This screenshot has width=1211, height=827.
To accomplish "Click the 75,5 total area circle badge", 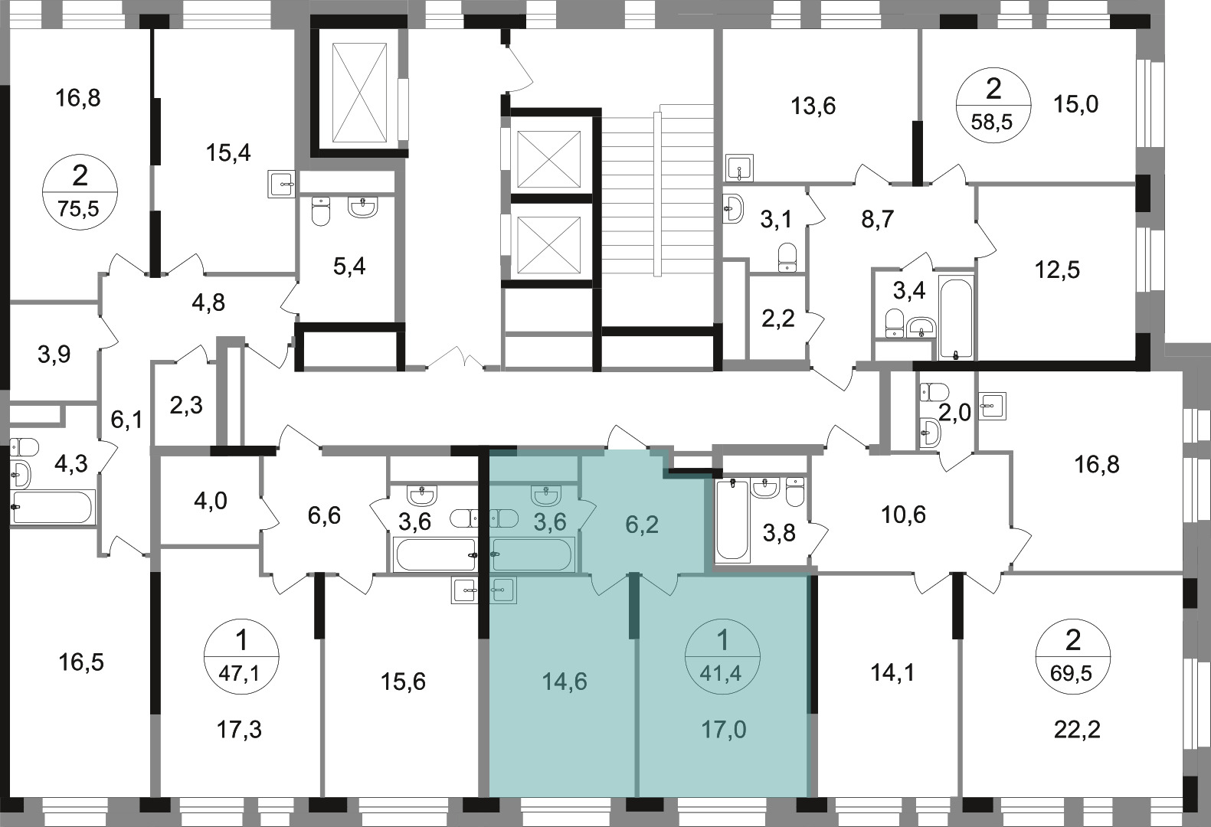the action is click(80, 192).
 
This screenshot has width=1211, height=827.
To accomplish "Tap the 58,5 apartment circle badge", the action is click(993, 106).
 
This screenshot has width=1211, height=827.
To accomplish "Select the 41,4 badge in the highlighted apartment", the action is click(722, 657).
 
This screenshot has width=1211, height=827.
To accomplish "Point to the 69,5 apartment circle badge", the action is click(1072, 657).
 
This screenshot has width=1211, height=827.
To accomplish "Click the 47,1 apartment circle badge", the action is click(241, 657).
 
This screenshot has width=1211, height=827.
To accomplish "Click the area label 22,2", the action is click(1077, 730).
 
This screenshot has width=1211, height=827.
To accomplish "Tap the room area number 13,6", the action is click(813, 106).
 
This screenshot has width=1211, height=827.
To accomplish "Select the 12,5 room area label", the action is click(1057, 270).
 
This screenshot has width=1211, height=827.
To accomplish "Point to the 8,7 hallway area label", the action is click(877, 220).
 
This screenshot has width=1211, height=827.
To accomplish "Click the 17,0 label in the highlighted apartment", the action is click(723, 730).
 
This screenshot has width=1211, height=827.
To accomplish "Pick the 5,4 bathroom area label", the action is click(349, 266).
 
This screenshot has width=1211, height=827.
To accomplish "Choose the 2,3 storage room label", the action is click(186, 405).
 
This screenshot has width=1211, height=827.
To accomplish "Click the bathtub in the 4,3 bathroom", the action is click(52, 507).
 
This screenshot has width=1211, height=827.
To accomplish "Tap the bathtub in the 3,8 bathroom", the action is click(732, 520).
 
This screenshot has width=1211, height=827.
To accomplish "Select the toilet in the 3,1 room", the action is click(787, 257).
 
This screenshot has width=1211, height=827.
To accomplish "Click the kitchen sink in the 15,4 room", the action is click(281, 184).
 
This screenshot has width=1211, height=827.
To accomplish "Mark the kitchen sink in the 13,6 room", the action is click(739, 168).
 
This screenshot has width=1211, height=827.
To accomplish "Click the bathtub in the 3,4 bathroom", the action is click(957, 318).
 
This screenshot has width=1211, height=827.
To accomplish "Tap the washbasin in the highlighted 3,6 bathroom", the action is click(546, 495).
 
